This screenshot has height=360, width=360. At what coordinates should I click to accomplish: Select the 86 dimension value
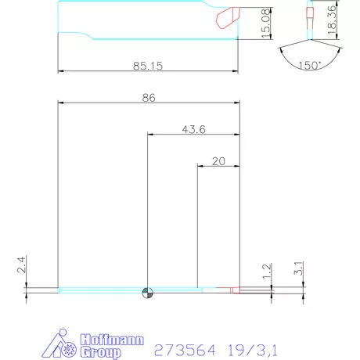click(149, 99)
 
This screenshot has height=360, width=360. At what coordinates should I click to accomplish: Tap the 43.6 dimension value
click(193, 129)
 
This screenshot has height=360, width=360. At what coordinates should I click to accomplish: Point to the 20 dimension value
click(218, 161)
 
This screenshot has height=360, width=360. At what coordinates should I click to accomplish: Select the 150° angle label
click(310, 66)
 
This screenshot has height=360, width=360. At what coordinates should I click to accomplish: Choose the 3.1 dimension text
click(298, 268)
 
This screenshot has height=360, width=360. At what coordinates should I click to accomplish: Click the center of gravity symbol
click(147, 293)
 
